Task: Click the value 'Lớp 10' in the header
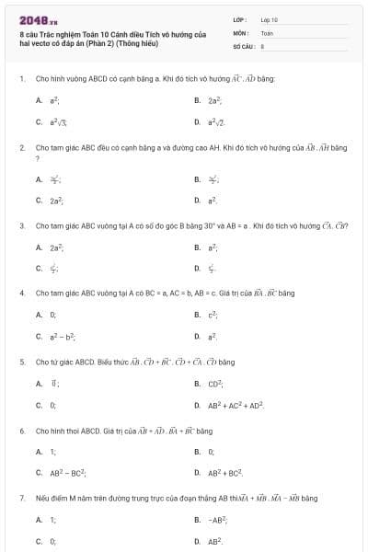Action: tap(269, 18)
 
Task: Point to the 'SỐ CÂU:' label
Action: tap(243, 44)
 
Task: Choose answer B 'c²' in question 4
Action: tap(213, 315)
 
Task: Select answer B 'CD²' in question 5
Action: tap(216, 384)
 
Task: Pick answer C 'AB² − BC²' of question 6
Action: tap(67, 473)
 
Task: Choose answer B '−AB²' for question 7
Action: tap(217, 521)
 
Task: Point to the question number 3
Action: tap(21, 225)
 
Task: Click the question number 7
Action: tap(21, 498)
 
